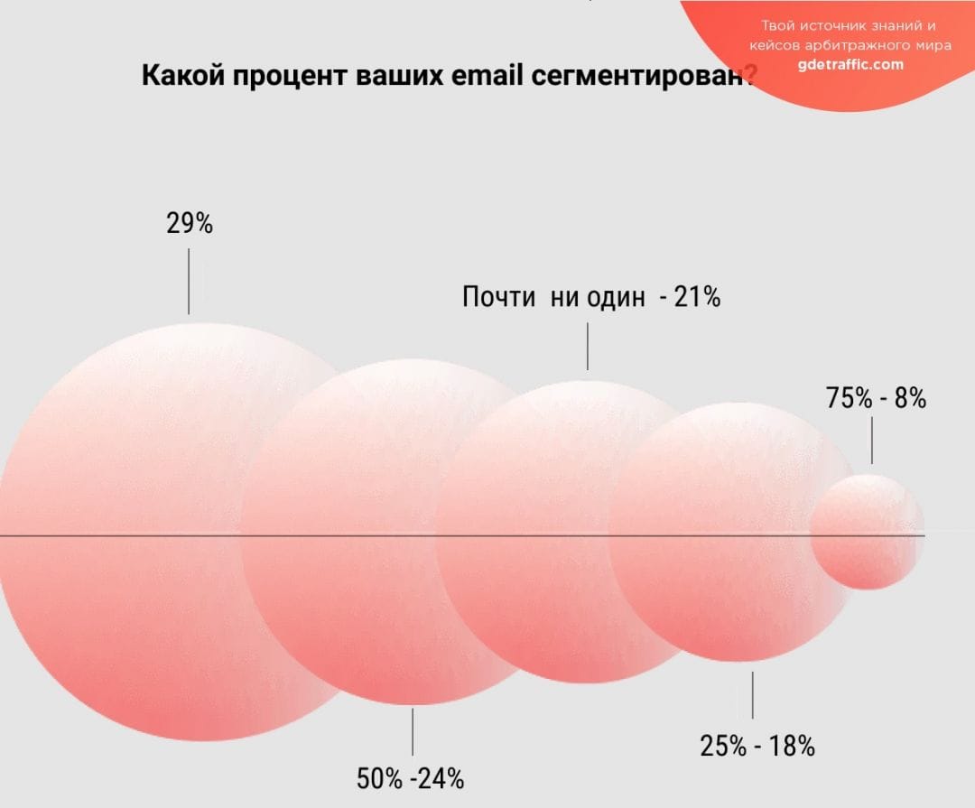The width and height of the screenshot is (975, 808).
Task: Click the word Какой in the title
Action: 183,75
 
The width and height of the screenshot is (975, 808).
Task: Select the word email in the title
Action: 487,75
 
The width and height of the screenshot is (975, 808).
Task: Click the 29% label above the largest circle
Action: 190,223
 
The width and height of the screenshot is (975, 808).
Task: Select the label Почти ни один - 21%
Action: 590,296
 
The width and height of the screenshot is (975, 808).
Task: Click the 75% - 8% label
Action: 876,397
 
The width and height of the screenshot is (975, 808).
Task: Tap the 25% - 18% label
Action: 757,746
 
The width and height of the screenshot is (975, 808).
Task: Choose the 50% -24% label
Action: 410,778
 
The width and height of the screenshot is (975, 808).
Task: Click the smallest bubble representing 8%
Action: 867,533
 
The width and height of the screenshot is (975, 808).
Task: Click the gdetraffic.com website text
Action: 850,64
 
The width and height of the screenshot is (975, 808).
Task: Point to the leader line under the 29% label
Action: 189,281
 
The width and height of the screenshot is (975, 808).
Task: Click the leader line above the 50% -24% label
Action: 413,731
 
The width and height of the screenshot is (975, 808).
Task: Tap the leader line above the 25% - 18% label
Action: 752,694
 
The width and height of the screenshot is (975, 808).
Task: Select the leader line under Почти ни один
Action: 588,347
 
